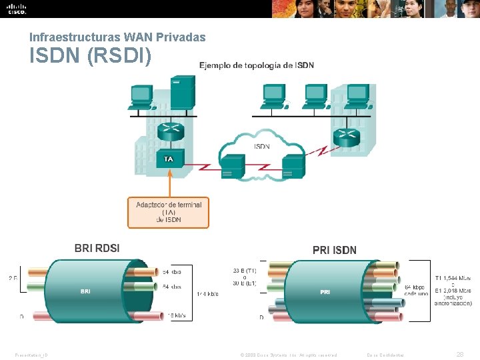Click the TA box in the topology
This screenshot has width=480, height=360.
pos(169,159)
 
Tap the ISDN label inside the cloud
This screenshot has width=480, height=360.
pos(262,146)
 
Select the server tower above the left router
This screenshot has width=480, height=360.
pos(182,93)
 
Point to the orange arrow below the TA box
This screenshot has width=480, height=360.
pos(169,181)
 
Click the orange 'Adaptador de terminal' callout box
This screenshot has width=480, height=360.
pos(169,212)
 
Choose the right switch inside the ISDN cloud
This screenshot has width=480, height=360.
pos(293,165)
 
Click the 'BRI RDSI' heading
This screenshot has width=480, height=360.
pos(97,248)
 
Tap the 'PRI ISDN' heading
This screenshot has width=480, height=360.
pos(335,250)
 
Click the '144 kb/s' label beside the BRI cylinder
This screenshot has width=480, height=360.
pos(207,293)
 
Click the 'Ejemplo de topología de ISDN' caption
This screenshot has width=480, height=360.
pos(257,65)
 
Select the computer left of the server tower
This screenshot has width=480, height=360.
pos(141,97)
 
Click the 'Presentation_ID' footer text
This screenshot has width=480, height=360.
pos(31,355)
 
